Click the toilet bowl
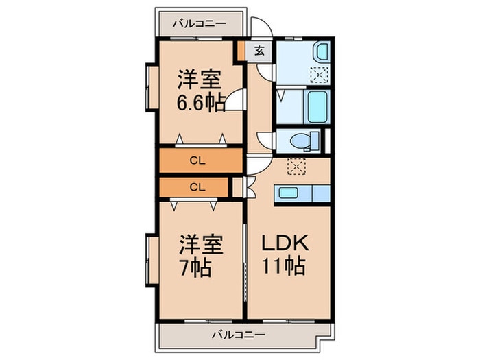coord(302,141)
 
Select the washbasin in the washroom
coord(321,53)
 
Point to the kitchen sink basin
coord(288,193)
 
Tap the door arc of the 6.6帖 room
coord(236,101)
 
